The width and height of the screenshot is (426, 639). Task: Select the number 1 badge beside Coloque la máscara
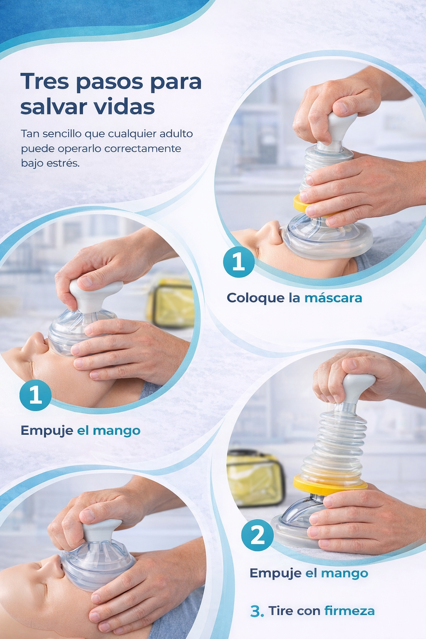[238, 262]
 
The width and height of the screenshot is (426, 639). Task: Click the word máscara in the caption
[333, 298]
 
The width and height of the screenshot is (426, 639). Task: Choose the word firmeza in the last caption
[349, 610]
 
